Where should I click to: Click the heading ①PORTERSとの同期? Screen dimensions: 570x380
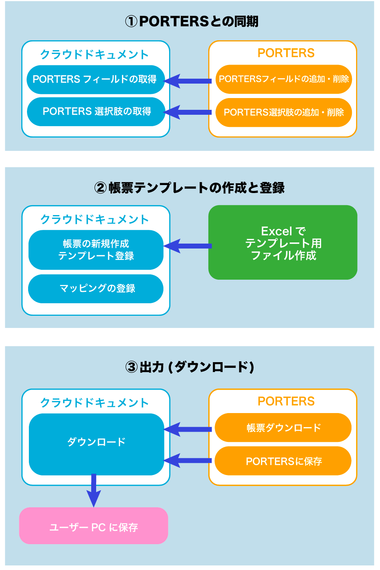pos(192,21)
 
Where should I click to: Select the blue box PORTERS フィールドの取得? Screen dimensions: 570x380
pos(95,79)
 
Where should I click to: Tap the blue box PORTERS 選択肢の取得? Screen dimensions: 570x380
pos(96,112)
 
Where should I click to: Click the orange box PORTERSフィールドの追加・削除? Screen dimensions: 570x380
pos(283,79)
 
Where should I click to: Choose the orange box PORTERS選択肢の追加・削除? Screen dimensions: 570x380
pos(283,112)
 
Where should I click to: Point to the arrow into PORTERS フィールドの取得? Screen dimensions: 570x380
pos(188,81)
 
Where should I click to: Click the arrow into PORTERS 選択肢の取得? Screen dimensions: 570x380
pos(188,112)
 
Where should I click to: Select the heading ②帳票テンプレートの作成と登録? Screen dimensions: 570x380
pos(190,188)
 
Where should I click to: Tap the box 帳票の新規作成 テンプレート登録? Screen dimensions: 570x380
pos(96,250)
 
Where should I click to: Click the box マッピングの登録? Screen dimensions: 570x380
pos(96,288)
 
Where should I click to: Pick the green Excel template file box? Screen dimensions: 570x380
pos(283,242)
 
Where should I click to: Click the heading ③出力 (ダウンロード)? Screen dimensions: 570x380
pos(190,367)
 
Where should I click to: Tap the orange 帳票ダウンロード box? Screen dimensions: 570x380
pos(283,428)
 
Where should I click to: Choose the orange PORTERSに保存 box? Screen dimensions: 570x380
pos(283,461)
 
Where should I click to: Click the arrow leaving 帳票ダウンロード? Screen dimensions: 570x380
pos(188,429)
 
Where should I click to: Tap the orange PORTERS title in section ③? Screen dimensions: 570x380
pos(286,401)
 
